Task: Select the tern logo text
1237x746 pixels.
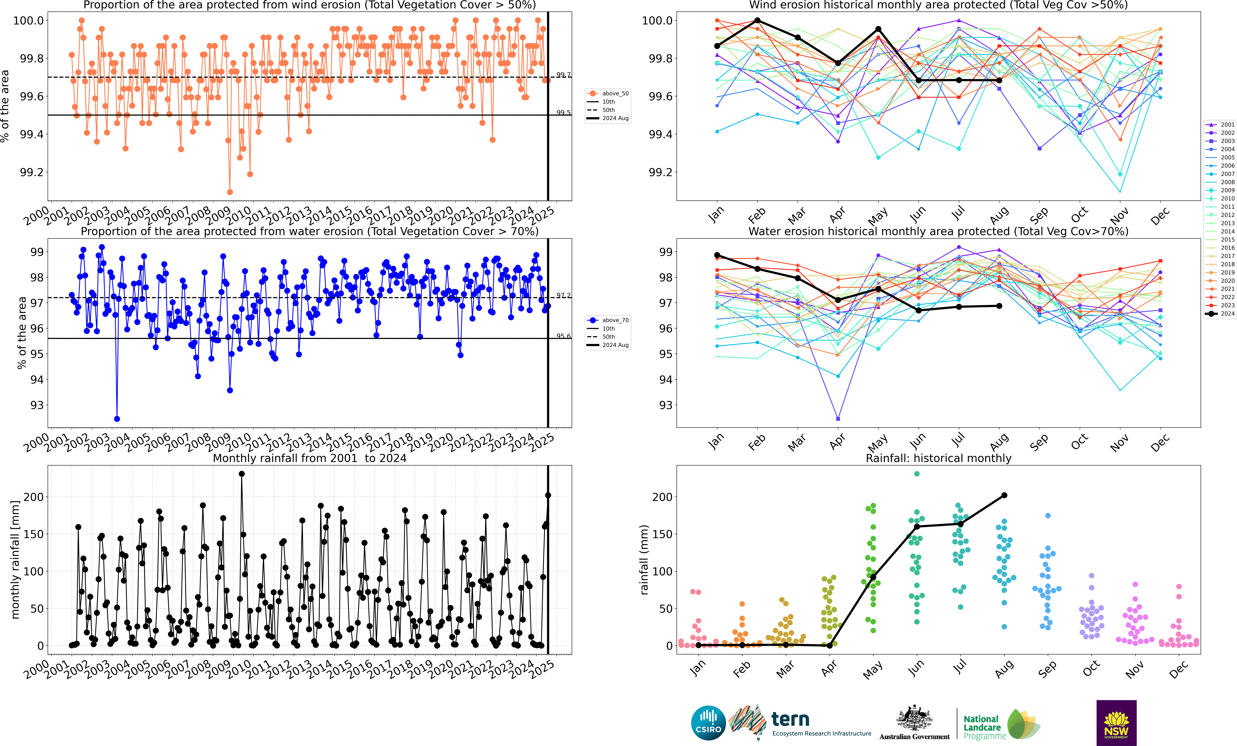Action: pyautogui.click(x=790, y=719)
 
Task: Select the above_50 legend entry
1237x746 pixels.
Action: pyautogui.click(x=608, y=93)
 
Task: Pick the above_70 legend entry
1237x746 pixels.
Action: pyautogui.click(x=608, y=320)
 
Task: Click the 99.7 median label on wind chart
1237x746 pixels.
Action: pyautogui.click(x=563, y=75)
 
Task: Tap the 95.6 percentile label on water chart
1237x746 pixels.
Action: pyautogui.click(x=563, y=336)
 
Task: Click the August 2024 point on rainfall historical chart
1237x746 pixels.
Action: pyautogui.click(x=1004, y=495)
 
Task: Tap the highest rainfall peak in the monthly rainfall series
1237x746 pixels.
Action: pyautogui.click(x=241, y=474)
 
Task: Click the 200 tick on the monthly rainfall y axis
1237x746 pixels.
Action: pyautogui.click(x=34, y=497)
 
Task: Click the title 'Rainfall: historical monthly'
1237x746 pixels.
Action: pyautogui.click(x=938, y=458)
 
